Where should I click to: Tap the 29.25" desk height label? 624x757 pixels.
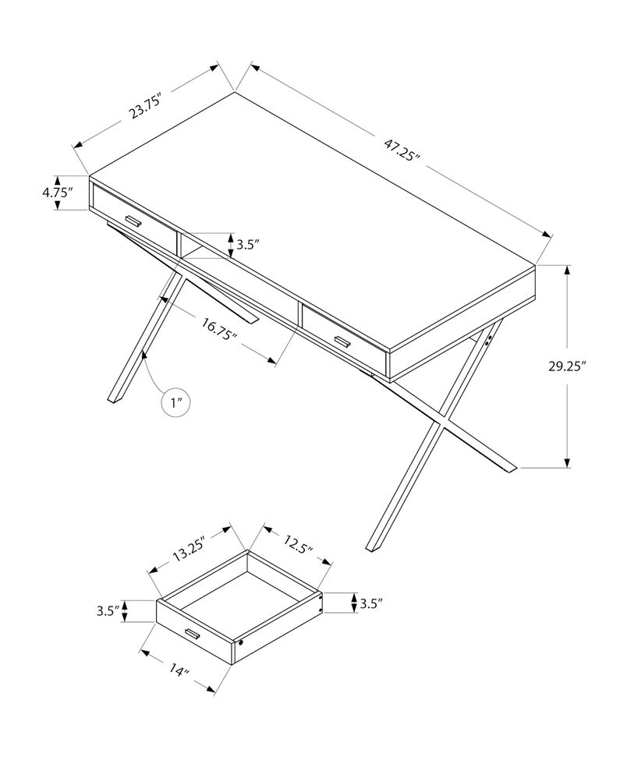[566, 366]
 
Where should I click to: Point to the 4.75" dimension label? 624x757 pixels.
[58, 193]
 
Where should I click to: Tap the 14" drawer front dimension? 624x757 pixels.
[179, 670]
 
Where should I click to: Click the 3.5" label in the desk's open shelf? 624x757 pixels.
[247, 244]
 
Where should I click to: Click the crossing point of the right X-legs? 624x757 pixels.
[439, 422]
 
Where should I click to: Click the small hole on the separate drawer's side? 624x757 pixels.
[243, 644]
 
